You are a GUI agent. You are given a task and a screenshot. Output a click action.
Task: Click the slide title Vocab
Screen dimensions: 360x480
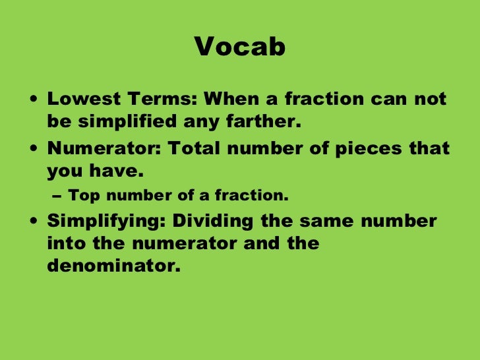(x=240, y=47)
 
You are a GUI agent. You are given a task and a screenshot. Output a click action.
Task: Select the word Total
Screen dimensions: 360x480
(x=195, y=147)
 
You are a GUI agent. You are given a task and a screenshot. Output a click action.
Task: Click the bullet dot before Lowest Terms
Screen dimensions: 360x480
(x=34, y=100)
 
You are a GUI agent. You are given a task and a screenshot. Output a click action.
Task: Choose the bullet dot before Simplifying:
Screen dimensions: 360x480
(x=34, y=221)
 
